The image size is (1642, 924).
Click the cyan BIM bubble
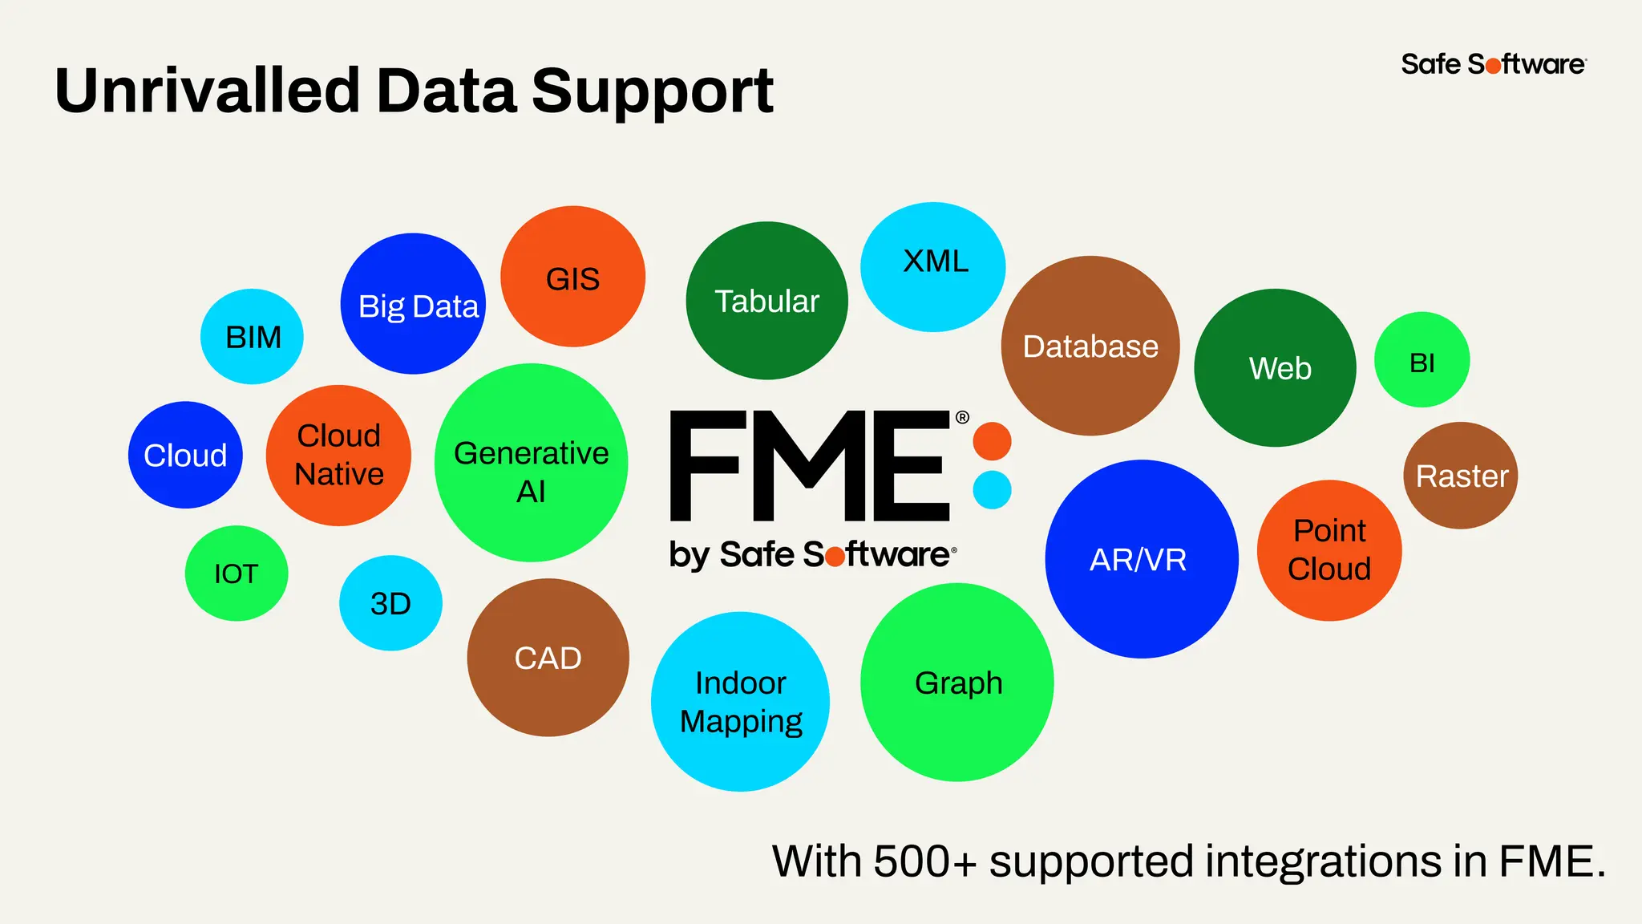[x=252, y=337]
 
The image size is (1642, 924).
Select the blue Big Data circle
[x=413, y=304]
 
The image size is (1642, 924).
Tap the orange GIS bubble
[x=572, y=277]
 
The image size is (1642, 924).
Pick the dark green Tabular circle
[x=766, y=301]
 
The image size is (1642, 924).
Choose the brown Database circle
[x=1090, y=346]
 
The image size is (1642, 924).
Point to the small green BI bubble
[x=1422, y=360]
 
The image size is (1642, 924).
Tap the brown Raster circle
[x=1461, y=476]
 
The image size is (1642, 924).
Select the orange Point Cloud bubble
[x=1329, y=550]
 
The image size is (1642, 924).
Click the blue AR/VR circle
[x=1142, y=559]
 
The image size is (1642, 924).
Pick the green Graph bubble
[x=957, y=683]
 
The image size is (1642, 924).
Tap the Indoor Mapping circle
[x=740, y=702]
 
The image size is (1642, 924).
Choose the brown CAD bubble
[x=548, y=658]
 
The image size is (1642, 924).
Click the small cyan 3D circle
[x=390, y=603]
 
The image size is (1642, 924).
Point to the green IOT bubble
[x=237, y=573]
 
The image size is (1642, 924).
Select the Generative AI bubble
[x=531, y=463]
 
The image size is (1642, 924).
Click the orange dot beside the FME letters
[x=992, y=441]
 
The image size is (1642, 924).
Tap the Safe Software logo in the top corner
[x=1493, y=64]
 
